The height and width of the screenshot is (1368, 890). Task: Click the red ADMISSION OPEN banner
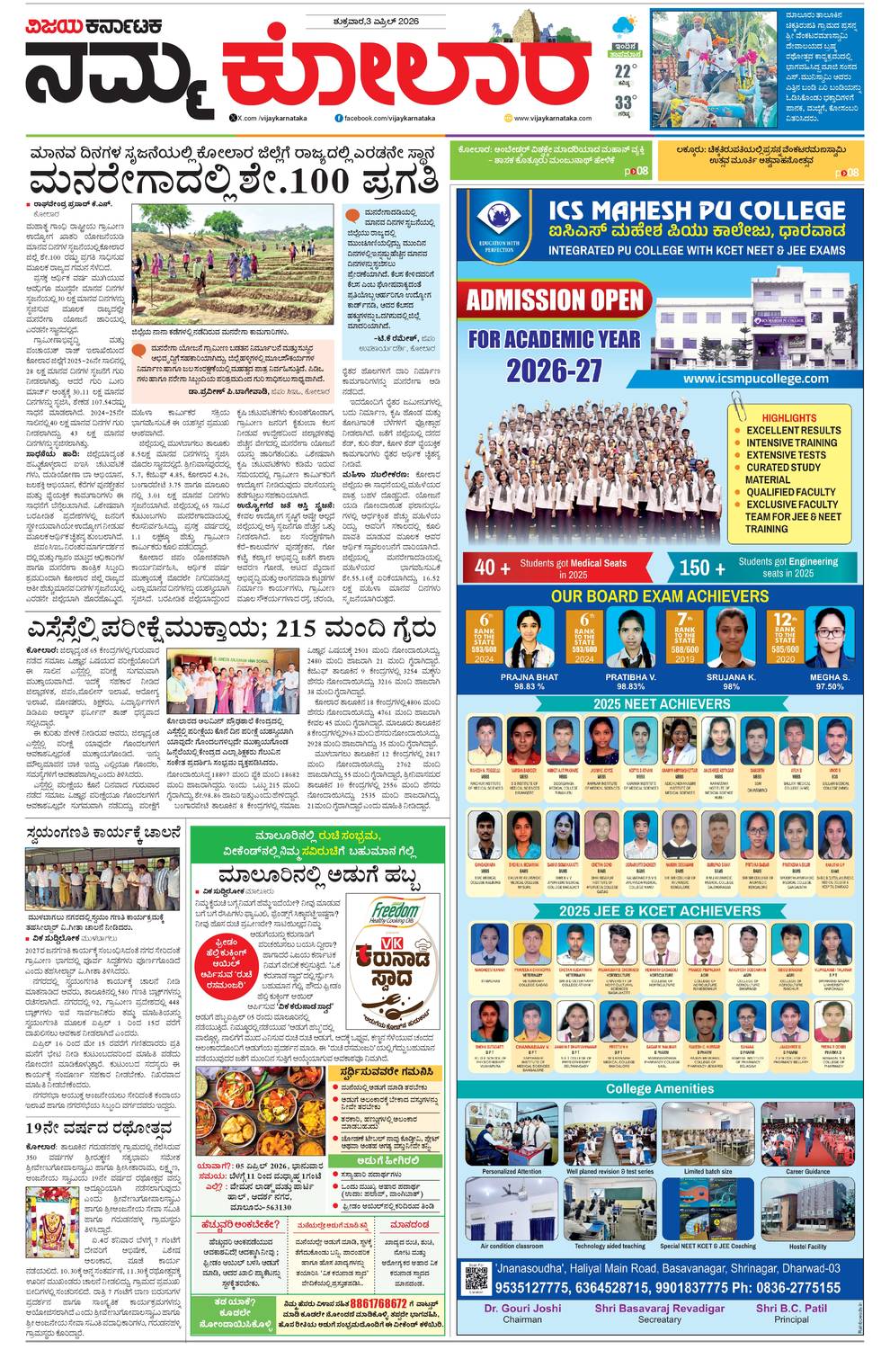coord(555,300)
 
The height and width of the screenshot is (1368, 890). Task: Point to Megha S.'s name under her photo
coord(828,676)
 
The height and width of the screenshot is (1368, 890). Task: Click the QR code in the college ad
coord(475,1277)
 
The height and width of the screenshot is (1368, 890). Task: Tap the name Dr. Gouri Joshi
coord(521,1309)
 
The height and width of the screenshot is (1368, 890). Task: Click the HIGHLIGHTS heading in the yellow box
coord(788,418)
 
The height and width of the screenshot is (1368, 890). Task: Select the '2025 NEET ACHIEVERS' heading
coord(661,703)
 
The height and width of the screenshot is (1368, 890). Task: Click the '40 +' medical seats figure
coord(486,568)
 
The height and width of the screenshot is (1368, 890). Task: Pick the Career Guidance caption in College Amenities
coord(807,1172)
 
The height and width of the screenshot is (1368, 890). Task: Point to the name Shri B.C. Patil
coord(790,1309)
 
